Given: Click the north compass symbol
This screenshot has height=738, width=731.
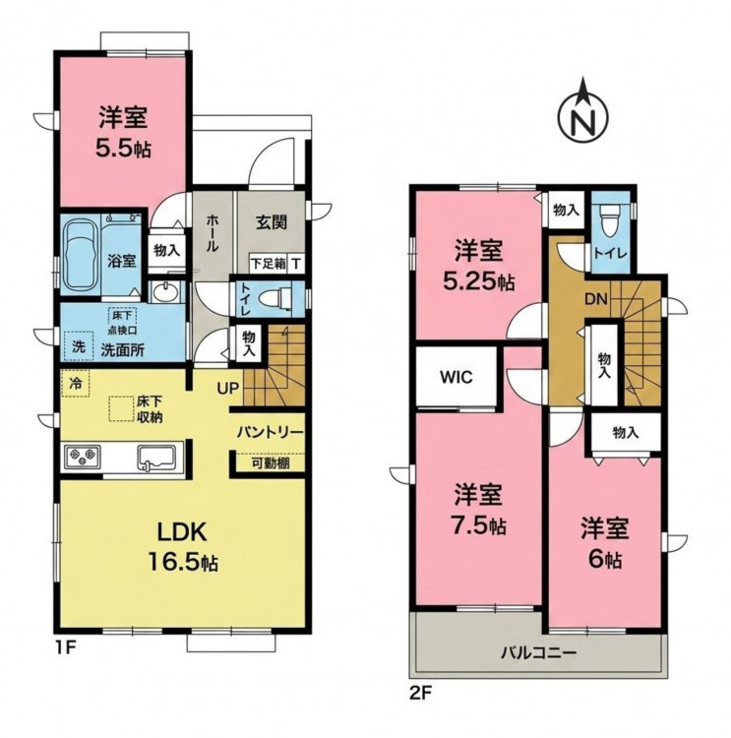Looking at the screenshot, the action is (x=582, y=114).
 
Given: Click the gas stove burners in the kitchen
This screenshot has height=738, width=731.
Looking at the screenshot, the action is (x=83, y=456).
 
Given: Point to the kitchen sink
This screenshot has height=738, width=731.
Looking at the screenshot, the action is (x=156, y=457).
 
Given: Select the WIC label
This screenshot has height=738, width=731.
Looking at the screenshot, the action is (x=457, y=377).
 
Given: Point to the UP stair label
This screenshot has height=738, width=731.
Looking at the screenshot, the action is (x=228, y=388).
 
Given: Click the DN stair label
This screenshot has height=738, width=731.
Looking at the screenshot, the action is (x=596, y=299).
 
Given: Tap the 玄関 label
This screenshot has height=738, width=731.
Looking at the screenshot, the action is (x=272, y=222).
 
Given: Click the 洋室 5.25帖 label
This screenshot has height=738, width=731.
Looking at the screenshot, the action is (x=478, y=266).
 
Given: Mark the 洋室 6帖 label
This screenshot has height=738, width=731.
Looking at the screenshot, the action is (x=605, y=542).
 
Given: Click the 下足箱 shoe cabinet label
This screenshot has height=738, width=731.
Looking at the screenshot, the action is (x=268, y=264).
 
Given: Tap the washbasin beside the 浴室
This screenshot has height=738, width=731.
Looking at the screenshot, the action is (x=164, y=292).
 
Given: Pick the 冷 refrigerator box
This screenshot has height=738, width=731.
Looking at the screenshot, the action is (x=76, y=384).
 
